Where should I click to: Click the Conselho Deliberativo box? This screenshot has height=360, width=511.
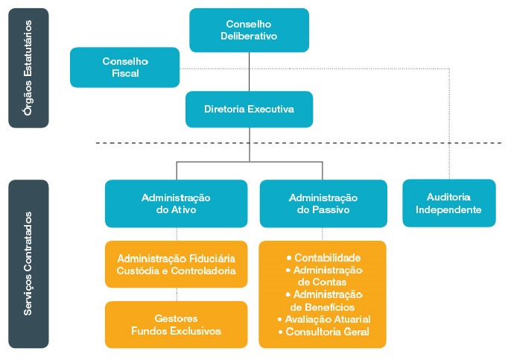[x=249, y=30]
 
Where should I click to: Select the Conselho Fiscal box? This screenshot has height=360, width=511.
[x=125, y=67]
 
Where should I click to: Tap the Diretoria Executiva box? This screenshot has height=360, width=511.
[x=249, y=110]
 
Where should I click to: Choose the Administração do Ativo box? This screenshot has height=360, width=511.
[x=176, y=203]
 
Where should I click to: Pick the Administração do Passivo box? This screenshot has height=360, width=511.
[x=323, y=203]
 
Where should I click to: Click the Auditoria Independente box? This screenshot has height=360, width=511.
[x=448, y=203]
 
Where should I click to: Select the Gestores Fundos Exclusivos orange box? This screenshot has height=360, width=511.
[x=176, y=324]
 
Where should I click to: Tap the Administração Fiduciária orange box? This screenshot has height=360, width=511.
[x=176, y=264]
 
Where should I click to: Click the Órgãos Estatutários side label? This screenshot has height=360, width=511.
[x=29, y=68]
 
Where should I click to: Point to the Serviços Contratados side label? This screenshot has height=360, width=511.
[x=29, y=263]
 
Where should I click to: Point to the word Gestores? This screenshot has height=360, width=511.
[x=176, y=318]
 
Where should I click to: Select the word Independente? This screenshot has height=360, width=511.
[x=448, y=210]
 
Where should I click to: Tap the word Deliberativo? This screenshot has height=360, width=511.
[x=249, y=36]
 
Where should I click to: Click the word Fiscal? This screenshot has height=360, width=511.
[x=125, y=74]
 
